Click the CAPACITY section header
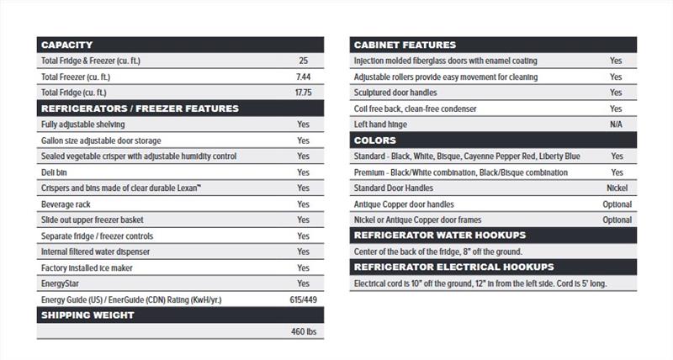point(66,45)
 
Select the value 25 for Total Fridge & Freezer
point(303,61)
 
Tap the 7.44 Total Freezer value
point(303,77)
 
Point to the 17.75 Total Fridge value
point(303,93)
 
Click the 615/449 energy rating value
point(303,299)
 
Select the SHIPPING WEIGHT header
point(87,315)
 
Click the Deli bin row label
point(55,172)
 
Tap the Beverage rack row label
point(66,204)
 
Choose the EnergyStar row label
point(61,283)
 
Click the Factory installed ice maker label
point(87,267)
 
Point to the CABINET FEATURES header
point(405,45)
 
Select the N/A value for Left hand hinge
point(617,124)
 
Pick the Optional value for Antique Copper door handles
point(617,204)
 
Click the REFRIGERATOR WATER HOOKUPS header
point(440,236)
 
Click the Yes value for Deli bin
point(303,172)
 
